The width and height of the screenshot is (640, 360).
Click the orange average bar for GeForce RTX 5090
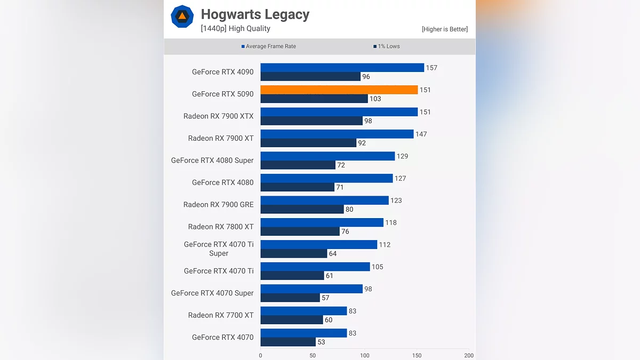[x=339, y=90]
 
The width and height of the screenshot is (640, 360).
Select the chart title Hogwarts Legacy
[x=255, y=14]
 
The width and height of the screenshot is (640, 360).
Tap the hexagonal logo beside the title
[x=182, y=16]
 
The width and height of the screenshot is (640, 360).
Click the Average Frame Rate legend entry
[x=269, y=46]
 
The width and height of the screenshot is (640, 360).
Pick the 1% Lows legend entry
[x=387, y=46]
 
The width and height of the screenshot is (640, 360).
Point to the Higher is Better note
[x=444, y=29]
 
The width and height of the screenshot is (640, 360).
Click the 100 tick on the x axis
[x=365, y=355]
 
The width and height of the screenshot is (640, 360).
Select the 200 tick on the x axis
[x=469, y=355]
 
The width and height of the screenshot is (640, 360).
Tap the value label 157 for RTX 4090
[x=431, y=68]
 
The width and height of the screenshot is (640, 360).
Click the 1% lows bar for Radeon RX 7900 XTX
[x=311, y=121]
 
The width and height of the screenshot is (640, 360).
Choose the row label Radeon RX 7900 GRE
[x=218, y=204]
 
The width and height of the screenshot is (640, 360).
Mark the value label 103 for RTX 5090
[x=375, y=99]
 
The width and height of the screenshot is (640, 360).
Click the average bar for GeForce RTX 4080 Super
[x=327, y=156]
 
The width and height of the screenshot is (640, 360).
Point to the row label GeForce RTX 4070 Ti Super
[x=219, y=249]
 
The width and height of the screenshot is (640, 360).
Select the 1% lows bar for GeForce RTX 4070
[x=288, y=342]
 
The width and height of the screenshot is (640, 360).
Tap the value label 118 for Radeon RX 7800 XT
[x=391, y=222]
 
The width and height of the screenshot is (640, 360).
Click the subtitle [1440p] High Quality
[x=235, y=29]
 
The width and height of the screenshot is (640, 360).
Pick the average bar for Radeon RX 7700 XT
[x=303, y=311]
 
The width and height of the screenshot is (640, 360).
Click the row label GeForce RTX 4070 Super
[x=212, y=293]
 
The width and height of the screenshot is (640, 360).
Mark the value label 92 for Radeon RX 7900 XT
[x=362, y=143]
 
